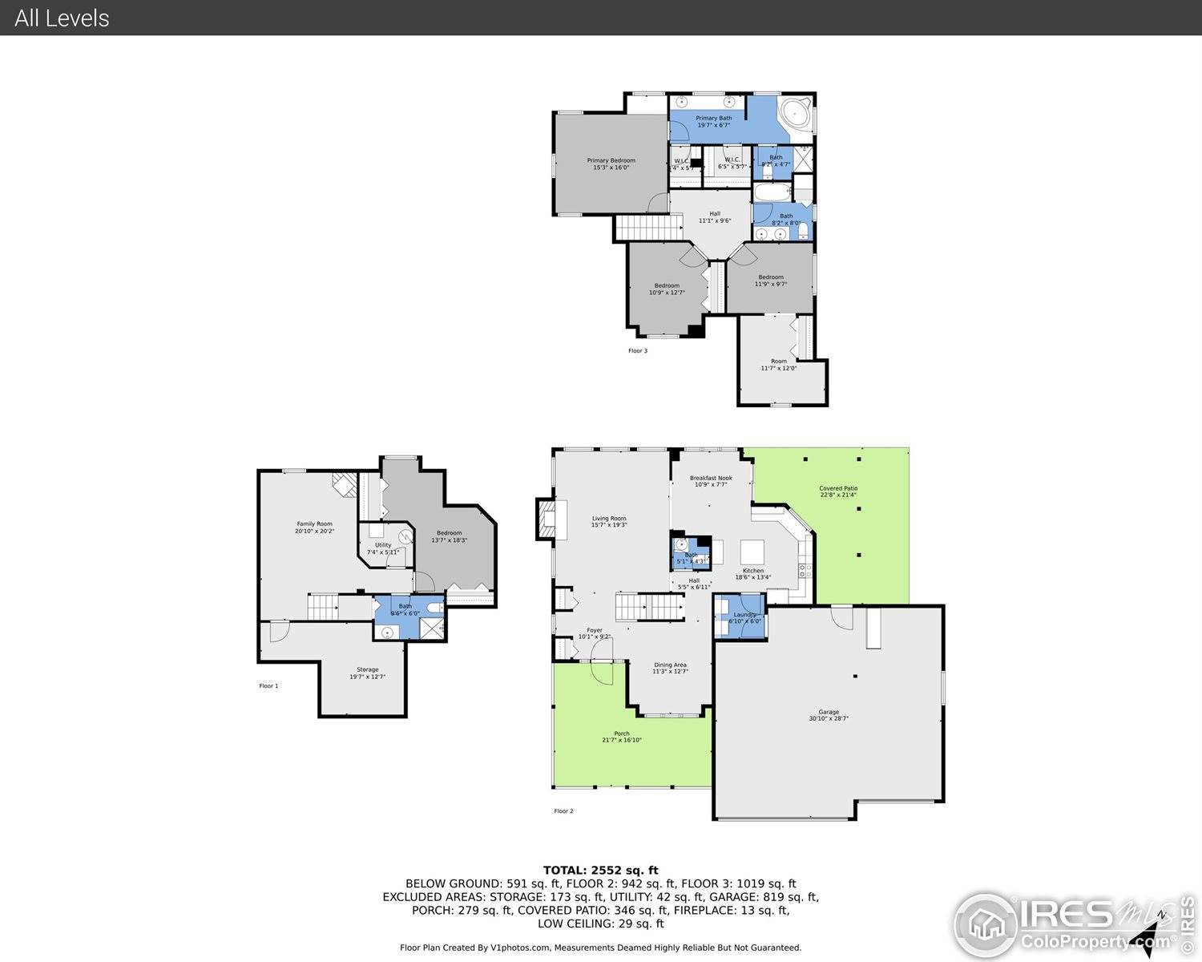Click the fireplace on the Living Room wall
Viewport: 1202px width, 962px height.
(551, 519)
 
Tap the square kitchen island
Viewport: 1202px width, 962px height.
(752, 552)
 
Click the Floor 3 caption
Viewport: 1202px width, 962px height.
(637, 350)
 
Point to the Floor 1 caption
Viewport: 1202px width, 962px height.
(268, 685)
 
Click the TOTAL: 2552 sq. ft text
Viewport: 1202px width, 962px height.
(600, 870)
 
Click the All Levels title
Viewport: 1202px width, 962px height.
(62, 18)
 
